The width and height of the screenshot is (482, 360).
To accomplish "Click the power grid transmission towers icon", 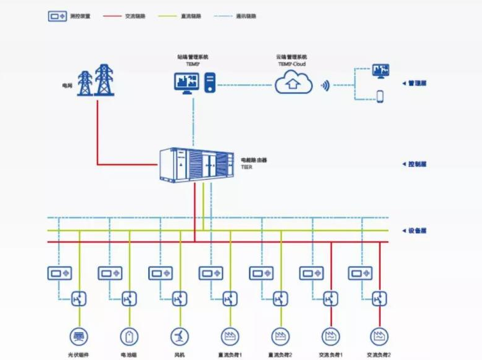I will pos(94,80).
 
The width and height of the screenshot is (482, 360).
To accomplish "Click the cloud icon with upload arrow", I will pos(294,82).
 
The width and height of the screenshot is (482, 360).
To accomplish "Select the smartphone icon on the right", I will pos(380,96).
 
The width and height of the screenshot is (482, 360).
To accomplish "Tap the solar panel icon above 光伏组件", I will pos(79,336).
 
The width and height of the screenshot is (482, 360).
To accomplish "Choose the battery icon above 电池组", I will pos(130,336).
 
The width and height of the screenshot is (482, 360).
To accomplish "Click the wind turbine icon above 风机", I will pos(179,336).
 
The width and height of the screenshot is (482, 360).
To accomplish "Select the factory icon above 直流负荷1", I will pos(229,336).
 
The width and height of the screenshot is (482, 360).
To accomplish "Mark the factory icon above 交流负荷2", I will pos(378,336).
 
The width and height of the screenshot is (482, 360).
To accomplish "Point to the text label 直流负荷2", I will pos(280,355).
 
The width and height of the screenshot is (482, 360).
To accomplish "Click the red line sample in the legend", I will pos(111,17).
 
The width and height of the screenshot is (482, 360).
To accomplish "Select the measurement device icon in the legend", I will pos(57,16).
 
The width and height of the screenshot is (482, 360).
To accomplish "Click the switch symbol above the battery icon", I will pos(130,299).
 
